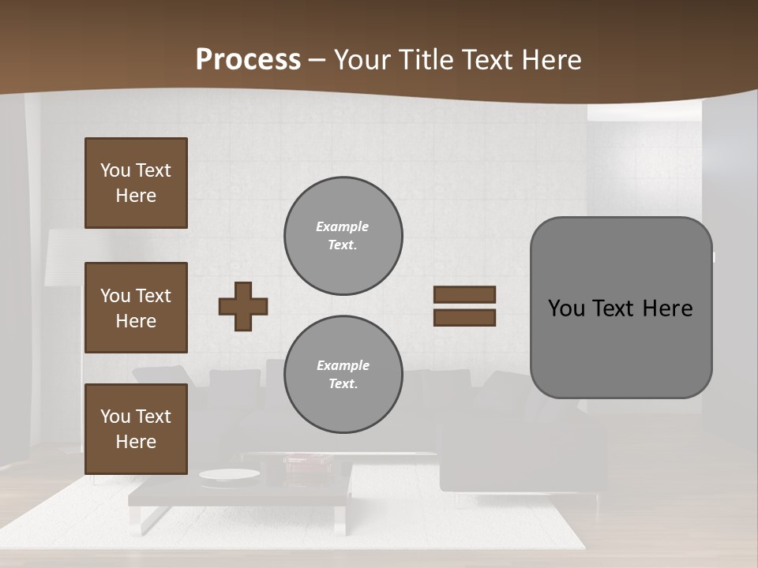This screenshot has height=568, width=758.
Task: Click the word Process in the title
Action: pos(248,60)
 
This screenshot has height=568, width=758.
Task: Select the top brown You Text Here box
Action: pos(136,183)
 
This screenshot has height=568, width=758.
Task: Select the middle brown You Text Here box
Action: pos(136,308)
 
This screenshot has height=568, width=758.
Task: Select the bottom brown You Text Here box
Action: pos(136,428)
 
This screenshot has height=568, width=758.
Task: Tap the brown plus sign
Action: pos(243,306)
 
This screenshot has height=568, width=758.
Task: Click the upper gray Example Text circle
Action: pos(343,236)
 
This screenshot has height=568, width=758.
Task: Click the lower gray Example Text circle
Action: pos(343,375)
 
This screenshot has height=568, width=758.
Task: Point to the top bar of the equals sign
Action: pos(464,295)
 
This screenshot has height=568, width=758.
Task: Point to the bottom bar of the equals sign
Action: pos(464,317)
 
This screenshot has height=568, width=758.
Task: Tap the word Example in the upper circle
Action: pos(343,226)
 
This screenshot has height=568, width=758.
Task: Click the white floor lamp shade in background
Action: pos(63,256)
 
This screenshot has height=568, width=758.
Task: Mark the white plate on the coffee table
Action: pos(229,474)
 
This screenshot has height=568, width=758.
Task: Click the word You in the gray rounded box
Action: pos(566,308)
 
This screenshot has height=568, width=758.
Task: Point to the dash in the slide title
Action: pos(317,61)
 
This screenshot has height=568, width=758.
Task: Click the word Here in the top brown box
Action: pos(136,196)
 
